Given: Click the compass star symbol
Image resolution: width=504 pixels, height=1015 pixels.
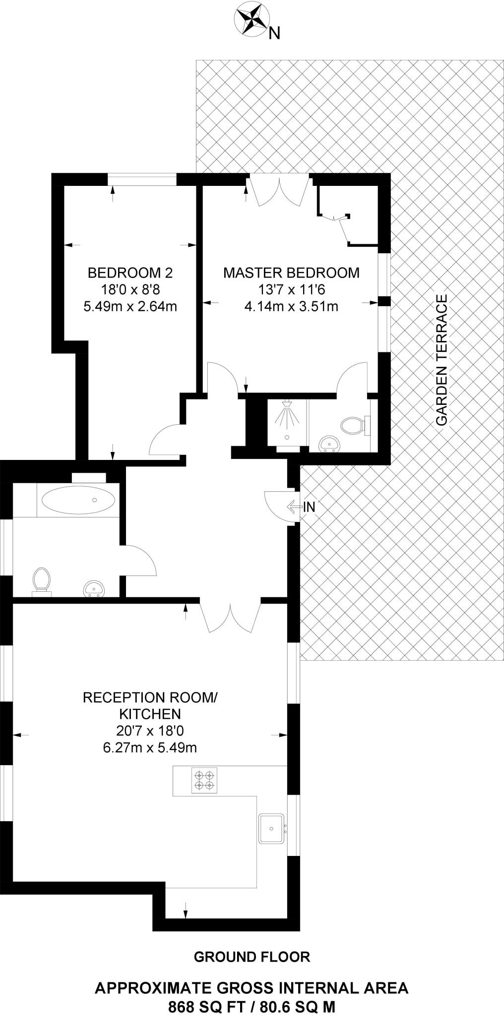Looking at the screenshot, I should pyautogui.click(x=251, y=19).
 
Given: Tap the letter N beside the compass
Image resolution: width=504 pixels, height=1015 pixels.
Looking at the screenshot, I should pyautogui.click(x=274, y=34).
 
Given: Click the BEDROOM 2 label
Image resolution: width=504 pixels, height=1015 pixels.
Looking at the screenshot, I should pyautogui.click(x=130, y=273).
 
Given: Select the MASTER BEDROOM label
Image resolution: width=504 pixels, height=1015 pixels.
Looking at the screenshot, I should pyautogui.click(x=291, y=273).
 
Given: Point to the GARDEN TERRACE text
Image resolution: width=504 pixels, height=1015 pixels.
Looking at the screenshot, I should pyautogui.click(x=441, y=360).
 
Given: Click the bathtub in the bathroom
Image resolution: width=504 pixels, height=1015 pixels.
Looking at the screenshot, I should pyautogui.click(x=78, y=501).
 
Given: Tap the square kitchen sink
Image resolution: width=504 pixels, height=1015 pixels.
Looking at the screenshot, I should pyautogui.click(x=271, y=828).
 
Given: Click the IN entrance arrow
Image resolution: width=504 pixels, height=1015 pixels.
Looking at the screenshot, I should pyautogui.click(x=302, y=507).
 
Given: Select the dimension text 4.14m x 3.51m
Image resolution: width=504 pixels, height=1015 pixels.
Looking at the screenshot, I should pyautogui.click(x=291, y=306).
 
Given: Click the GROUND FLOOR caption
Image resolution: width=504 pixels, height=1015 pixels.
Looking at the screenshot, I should pyautogui.click(x=252, y=957).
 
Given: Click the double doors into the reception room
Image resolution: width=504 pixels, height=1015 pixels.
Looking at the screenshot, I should pyautogui.click(x=230, y=616).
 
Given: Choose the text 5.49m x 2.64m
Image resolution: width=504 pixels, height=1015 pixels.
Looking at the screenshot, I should pyautogui.click(x=130, y=306).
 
